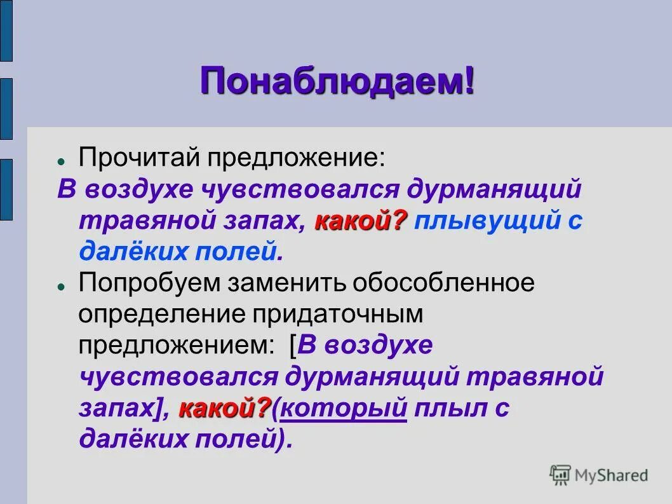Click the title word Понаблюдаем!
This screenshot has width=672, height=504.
point(337,82)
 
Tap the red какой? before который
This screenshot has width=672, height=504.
point(225,409)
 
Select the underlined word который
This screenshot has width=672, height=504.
point(343,409)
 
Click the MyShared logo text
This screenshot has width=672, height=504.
point(610,475)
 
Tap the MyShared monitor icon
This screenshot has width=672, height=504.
point(560,474)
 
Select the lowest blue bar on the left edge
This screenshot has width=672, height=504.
point(6,189)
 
